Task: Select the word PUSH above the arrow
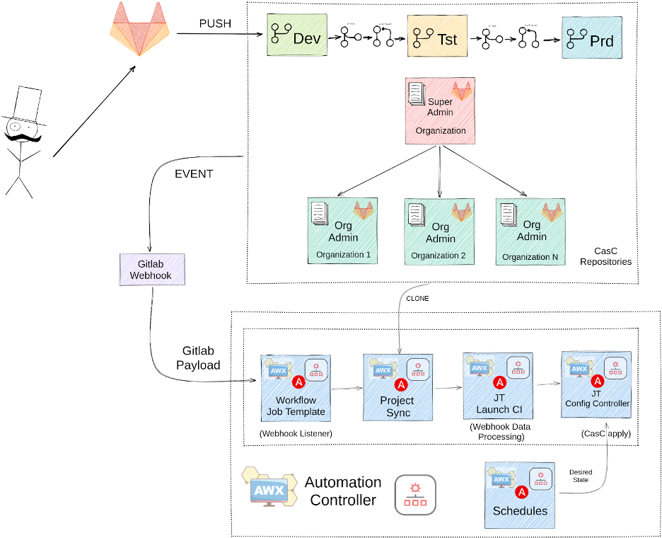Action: (x=214, y=24)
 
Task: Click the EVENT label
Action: (x=193, y=173)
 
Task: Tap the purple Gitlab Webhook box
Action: (x=151, y=269)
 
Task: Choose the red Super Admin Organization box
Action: (x=440, y=110)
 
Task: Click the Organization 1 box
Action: (x=343, y=231)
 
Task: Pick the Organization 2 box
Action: (x=439, y=231)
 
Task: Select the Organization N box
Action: (x=530, y=231)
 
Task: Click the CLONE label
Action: (x=417, y=299)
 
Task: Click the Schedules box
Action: (x=520, y=496)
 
